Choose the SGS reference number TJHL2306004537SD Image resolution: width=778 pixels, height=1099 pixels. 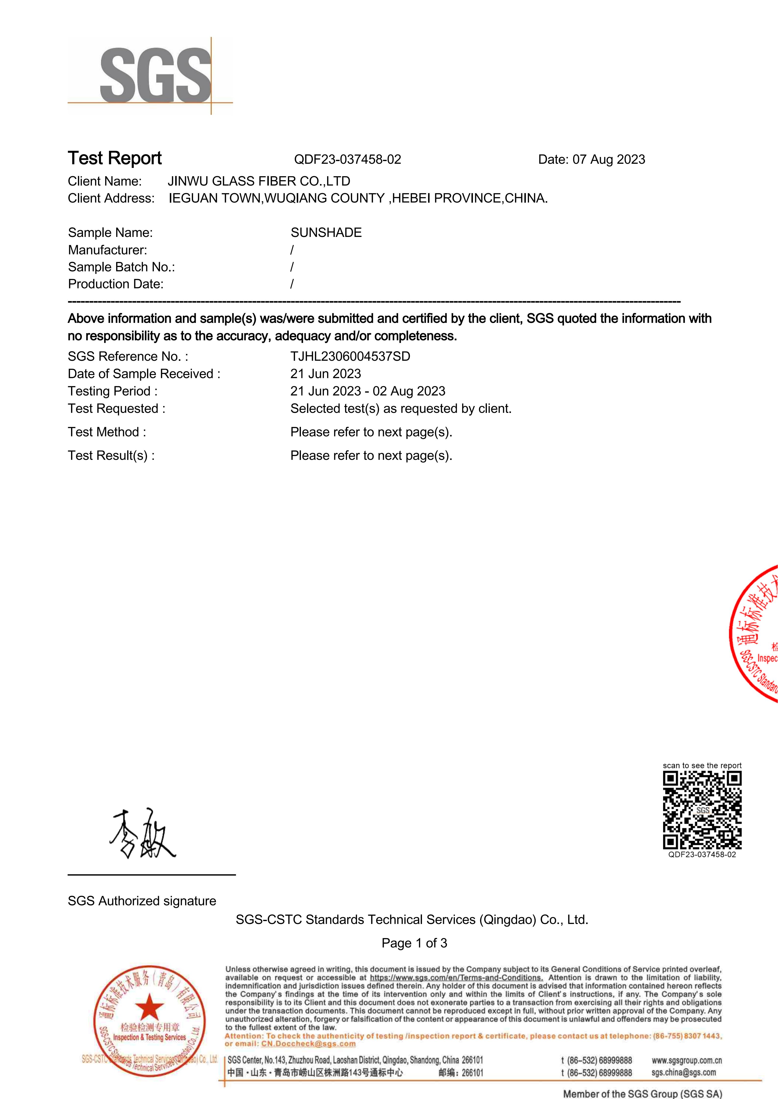(x=350, y=357)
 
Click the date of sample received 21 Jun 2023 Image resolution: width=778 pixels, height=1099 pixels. (x=326, y=374)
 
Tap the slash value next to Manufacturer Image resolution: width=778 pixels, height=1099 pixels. (x=292, y=250)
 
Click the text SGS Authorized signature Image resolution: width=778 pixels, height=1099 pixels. (x=142, y=901)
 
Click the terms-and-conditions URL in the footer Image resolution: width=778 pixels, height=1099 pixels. (x=456, y=978)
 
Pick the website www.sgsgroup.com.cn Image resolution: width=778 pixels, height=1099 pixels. (x=687, y=1060)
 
